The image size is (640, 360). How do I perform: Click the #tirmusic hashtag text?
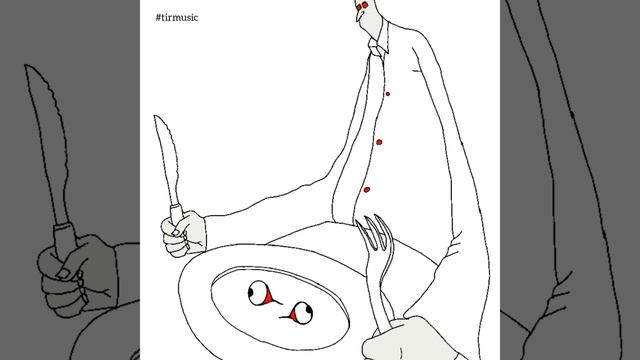(x=177, y=17)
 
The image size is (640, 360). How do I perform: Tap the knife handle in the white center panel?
(x=176, y=214)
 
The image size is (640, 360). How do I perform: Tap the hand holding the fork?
(x=404, y=340)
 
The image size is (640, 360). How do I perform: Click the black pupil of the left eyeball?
(x=252, y=291)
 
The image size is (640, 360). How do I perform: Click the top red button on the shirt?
(x=388, y=94)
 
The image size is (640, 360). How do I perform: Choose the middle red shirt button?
(x=379, y=142)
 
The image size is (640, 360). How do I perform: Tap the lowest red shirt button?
(x=367, y=190)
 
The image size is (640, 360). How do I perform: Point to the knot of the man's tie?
(x=376, y=51)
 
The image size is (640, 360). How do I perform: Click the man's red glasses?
(x=362, y=6)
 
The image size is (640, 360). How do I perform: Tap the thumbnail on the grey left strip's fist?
(x=63, y=273)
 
